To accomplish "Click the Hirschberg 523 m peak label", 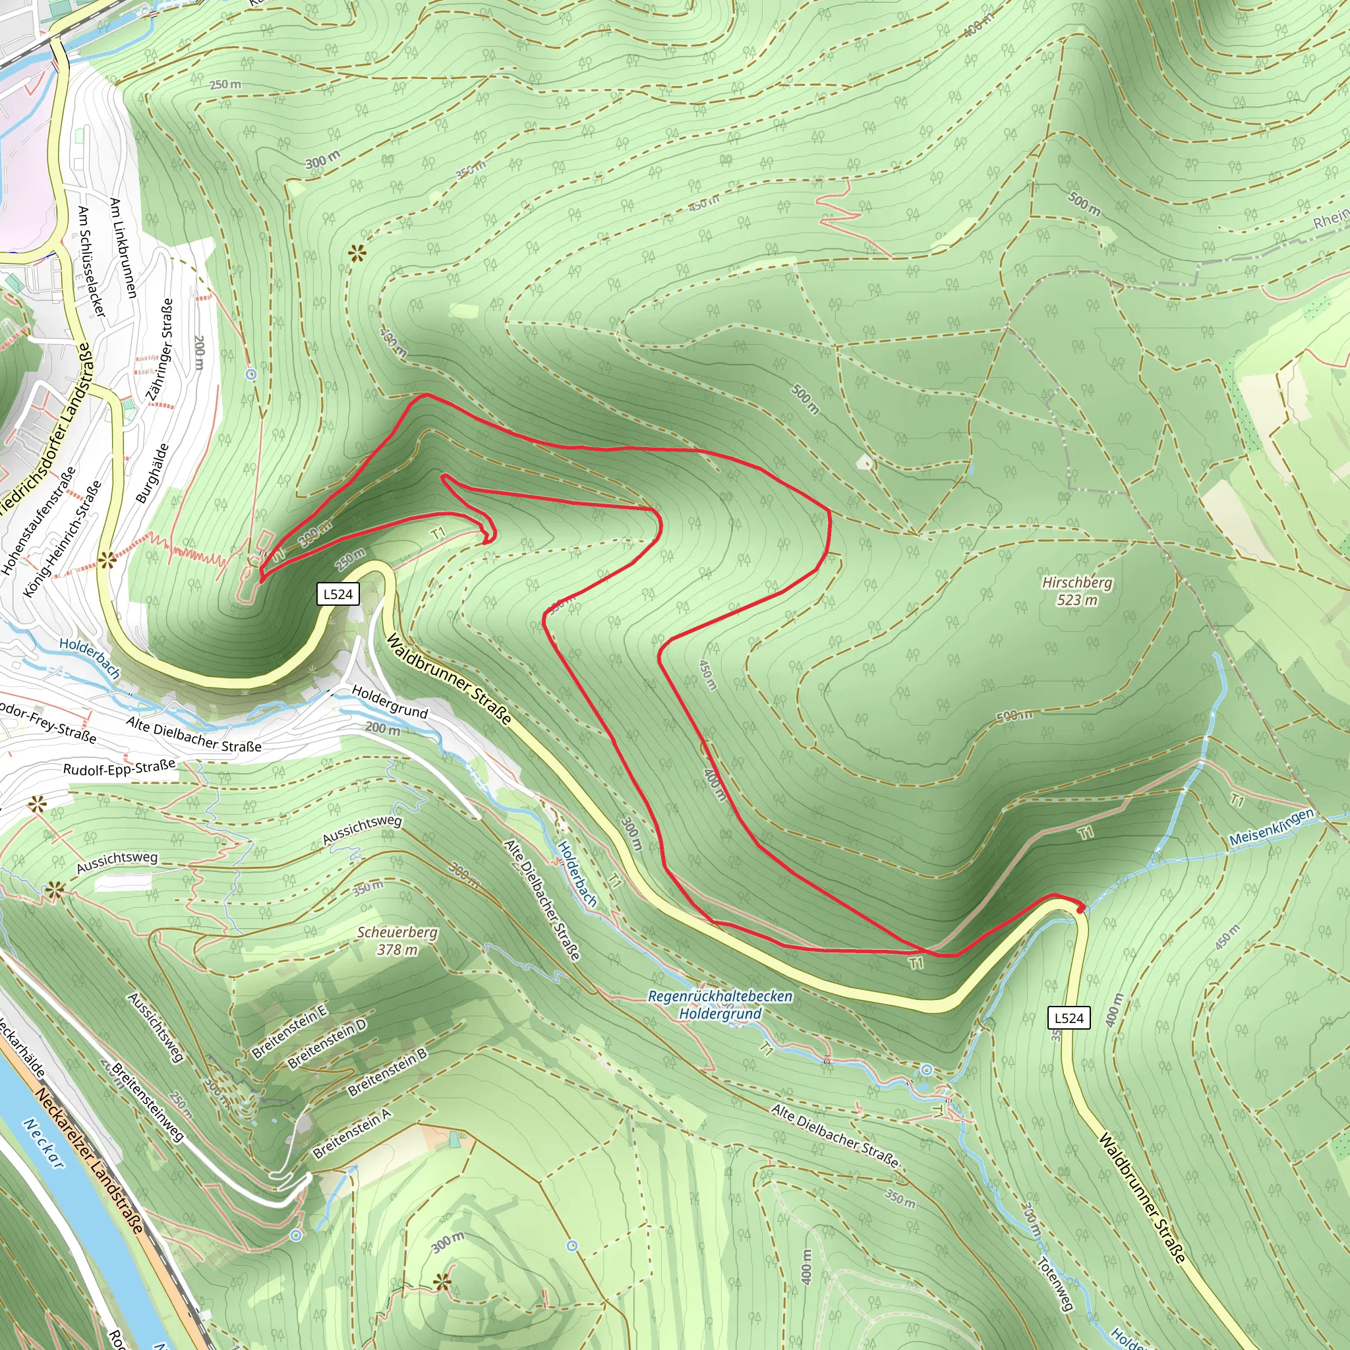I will coord(1077,591).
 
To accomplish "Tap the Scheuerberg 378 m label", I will coord(397,941).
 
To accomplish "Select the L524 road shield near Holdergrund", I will coord(338,594).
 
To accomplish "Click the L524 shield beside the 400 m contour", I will coord(1069,1017).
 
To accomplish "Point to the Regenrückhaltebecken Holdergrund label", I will coord(720,1005).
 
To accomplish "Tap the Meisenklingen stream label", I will coord(1271,828).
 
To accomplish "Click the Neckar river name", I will coord(44,1142).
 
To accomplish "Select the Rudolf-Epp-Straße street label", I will coord(119,767).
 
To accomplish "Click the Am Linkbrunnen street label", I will coord(123,248).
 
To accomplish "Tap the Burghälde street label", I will coord(152,473).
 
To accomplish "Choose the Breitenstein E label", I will coord(289,1032).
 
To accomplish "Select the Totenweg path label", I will coord(1055,1283).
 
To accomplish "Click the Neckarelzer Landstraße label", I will coord(91,1161).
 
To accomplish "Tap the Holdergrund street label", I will coord(389,701).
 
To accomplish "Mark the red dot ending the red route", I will coord(1080,909).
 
